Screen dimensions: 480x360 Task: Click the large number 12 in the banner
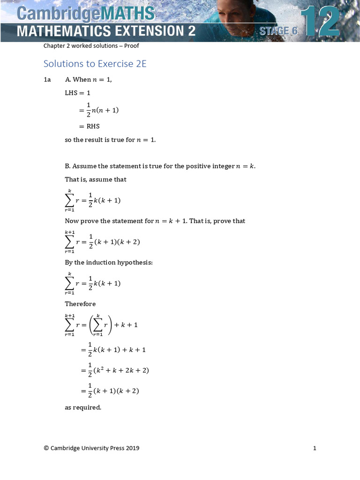tap(320, 21)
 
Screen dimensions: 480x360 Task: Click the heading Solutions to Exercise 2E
tap(95, 63)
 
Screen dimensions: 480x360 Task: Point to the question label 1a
tap(47, 80)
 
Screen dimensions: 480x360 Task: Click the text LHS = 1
tap(77, 93)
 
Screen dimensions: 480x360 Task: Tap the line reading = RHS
tap(89, 126)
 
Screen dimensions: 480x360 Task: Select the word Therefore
tap(80, 304)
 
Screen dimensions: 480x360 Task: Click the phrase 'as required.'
tap(83, 407)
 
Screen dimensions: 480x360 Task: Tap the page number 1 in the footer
tap(315, 448)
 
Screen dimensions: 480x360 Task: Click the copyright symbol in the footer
tap(46, 448)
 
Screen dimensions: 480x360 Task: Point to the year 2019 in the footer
tap(133, 448)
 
